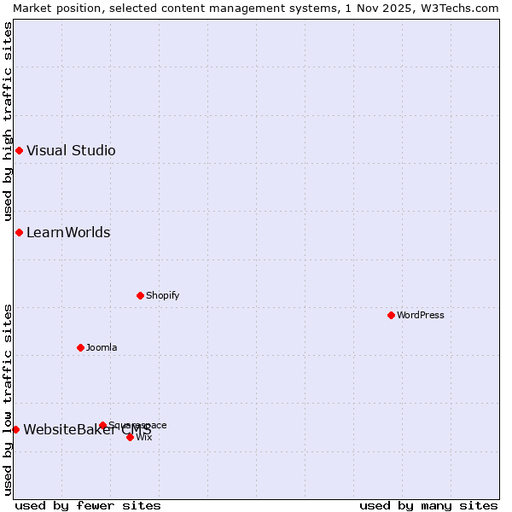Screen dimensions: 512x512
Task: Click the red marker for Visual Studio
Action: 19,151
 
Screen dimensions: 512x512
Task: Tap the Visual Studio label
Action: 71,151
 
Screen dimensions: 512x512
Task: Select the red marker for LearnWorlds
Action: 19,233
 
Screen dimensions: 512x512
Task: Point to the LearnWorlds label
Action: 68,233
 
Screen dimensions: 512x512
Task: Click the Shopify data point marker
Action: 140,296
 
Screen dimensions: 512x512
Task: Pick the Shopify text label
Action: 163,296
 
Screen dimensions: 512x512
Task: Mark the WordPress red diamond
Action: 391,316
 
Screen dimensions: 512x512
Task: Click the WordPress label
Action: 421,316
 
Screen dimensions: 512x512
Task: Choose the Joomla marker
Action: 80,348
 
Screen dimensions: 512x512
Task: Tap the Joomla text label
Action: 102,348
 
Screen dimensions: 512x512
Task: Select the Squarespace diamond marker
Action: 102,426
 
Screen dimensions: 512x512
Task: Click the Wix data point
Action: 130,438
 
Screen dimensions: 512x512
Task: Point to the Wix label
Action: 144,438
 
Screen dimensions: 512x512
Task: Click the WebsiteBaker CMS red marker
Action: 15,430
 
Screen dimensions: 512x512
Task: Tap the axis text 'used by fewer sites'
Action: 88,506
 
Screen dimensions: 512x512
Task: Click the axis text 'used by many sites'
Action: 428,506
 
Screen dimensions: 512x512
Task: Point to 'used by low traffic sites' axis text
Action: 8,399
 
